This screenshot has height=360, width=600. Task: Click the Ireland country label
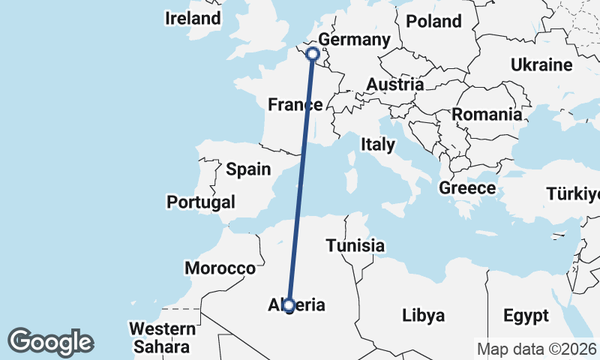point(193,19)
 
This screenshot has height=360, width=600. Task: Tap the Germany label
point(354,40)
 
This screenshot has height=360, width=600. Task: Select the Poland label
point(433,21)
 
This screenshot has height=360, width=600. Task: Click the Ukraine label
point(541,65)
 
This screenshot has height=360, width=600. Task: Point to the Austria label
point(395,84)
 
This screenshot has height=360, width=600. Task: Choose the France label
point(295,105)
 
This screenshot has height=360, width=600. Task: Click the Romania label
point(487,115)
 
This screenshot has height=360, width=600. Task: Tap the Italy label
point(377,144)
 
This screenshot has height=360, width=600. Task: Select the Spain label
point(248,169)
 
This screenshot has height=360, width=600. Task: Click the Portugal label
point(201,202)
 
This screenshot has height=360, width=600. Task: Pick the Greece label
point(467,188)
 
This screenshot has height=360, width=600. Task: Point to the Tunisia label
point(355,245)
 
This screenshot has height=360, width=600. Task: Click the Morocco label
point(220,268)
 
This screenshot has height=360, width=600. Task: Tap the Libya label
point(424,314)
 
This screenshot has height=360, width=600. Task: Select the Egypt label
point(526,314)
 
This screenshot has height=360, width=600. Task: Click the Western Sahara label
point(162,337)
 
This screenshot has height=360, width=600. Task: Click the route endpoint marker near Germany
point(313,54)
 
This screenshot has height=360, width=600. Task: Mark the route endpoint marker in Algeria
point(289,304)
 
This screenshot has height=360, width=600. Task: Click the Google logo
point(50,342)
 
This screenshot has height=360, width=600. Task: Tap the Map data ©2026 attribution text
point(535,349)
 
